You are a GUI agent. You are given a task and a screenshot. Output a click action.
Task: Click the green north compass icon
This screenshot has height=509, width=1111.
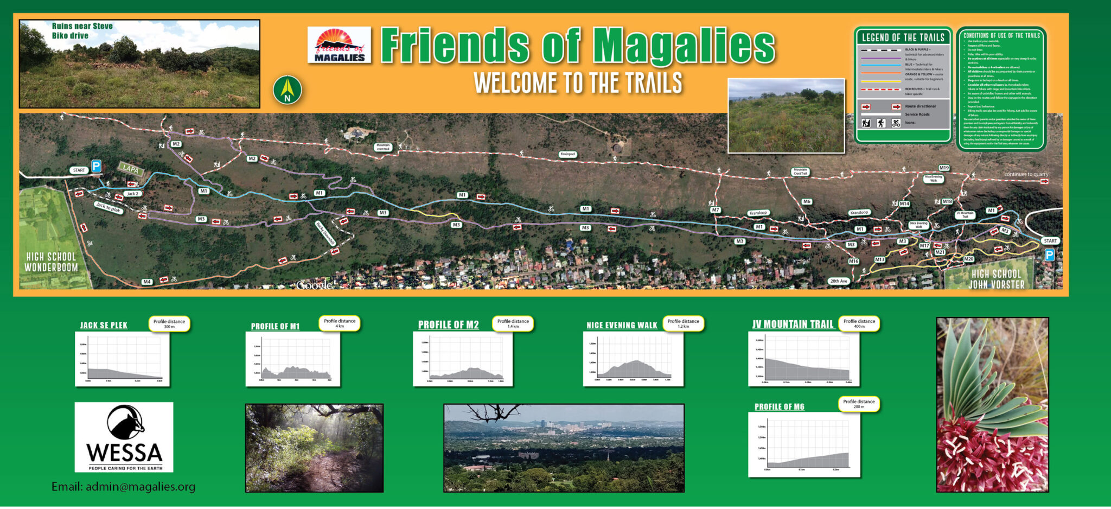(287, 90)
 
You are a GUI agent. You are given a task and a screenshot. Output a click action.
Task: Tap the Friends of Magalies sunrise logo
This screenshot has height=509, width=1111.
(339, 45)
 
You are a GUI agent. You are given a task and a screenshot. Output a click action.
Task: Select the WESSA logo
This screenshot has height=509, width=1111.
(124, 437)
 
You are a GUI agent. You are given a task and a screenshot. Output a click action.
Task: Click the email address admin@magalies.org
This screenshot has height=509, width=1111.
(123, 487)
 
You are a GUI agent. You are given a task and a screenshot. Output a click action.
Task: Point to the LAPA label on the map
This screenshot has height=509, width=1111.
(131, 169)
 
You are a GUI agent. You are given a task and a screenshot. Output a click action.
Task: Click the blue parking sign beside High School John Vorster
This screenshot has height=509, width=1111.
(1049, 255)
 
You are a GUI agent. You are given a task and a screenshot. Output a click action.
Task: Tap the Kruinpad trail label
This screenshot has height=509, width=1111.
(567, 154)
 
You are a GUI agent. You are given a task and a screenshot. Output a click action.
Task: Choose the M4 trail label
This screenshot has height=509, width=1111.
(146, 282)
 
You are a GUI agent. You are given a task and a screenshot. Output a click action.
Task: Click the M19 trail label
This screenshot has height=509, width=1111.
(944, 168)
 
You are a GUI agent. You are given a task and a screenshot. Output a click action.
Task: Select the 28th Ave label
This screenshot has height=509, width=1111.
(838, 281)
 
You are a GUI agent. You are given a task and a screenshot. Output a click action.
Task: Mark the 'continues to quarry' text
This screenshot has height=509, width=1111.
(1026, 174)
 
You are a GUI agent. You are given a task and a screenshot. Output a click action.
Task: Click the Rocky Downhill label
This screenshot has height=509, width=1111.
(326, 233)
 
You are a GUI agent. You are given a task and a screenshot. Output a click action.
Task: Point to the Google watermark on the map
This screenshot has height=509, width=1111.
(314, 285)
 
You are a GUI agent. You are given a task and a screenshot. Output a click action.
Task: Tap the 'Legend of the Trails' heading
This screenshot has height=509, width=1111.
(903, 37)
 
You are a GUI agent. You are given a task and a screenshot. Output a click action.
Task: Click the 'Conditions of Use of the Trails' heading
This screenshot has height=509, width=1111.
(1001, 35)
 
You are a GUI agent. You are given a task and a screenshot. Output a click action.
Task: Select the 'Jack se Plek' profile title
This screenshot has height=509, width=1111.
(104, 326)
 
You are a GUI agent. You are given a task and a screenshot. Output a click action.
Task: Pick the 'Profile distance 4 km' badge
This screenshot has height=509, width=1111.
(340, 323)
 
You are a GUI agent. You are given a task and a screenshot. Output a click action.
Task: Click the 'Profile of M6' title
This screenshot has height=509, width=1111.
(779, 406)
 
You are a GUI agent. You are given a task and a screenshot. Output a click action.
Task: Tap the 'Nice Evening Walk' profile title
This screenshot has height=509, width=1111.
(622, 326)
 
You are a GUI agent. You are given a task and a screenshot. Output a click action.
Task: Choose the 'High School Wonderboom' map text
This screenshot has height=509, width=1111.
(52, 262)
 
